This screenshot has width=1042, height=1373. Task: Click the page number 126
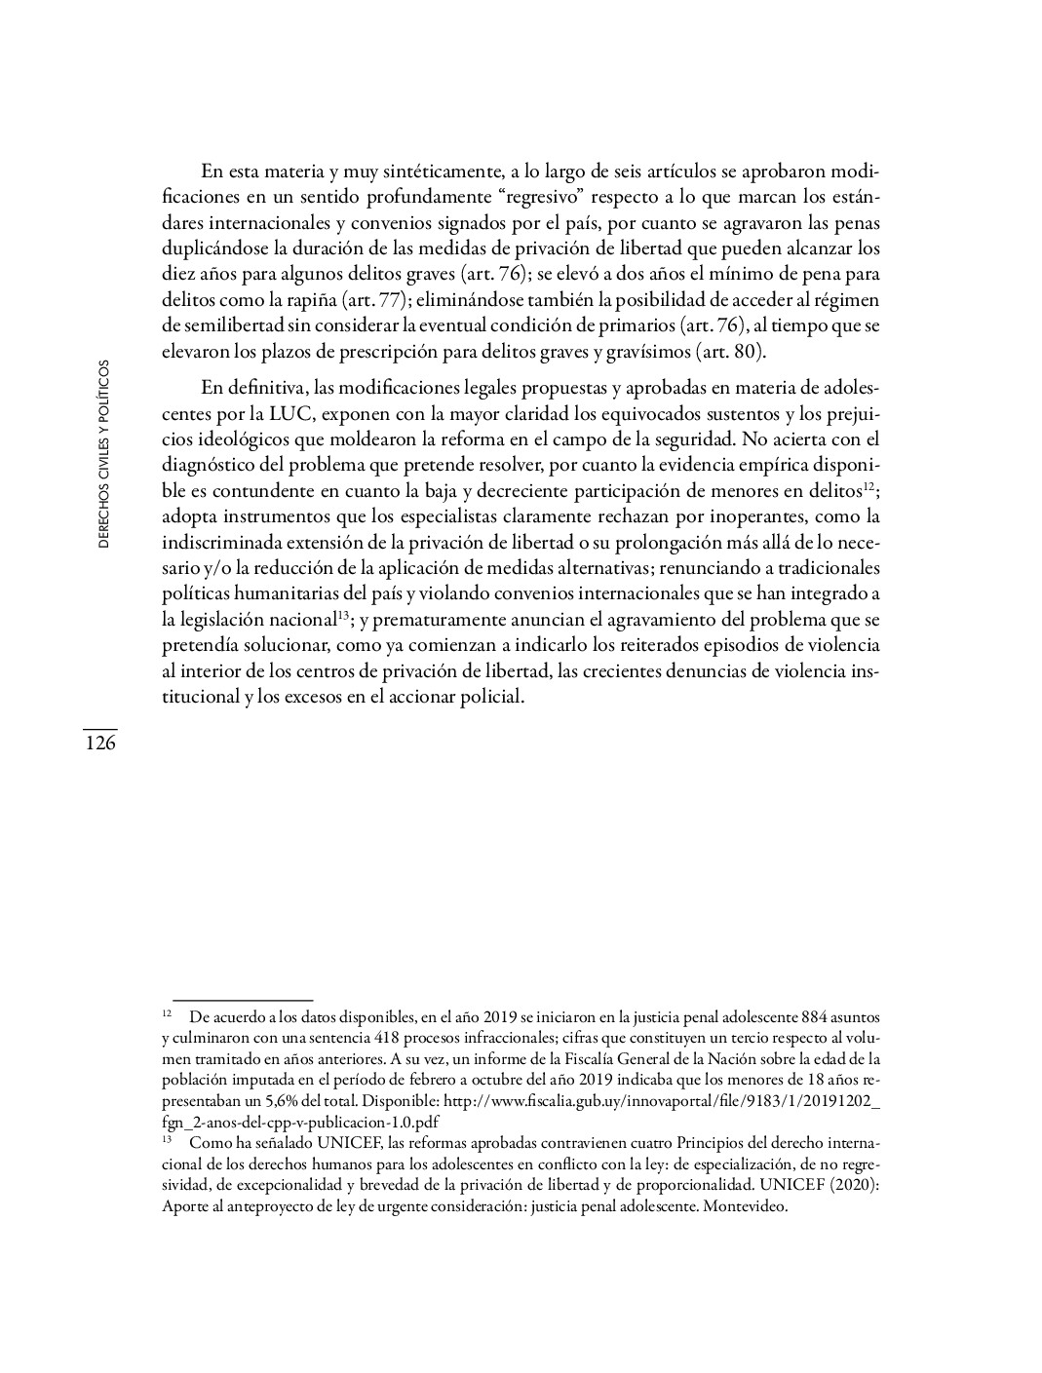pos(99,744)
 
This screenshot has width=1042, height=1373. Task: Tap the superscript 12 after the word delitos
pos(869,483)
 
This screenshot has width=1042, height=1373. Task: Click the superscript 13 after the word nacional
pos(342,615)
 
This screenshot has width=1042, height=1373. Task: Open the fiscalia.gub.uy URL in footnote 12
pos(663,1100)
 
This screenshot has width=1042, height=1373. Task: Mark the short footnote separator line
pos(242,999)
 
